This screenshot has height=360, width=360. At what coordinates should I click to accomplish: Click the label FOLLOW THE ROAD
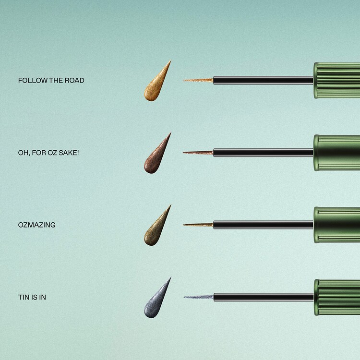pyautogui.click(x=51, y=80)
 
